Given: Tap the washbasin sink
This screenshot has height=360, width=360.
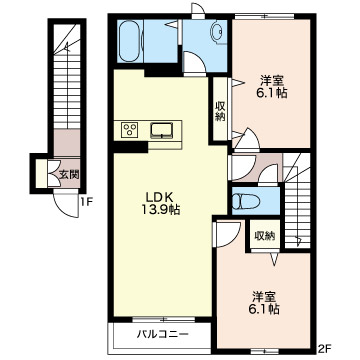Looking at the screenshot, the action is pyautogui.click(x=218, y=32).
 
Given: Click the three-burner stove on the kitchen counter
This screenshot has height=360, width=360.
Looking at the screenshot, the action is pyautogui.click(x=129, y=130).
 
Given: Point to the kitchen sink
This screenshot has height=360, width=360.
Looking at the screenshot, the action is pyautogui.click(x=162, y=130).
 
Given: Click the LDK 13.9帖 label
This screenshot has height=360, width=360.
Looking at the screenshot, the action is pyautogui.click(x=161, y=203).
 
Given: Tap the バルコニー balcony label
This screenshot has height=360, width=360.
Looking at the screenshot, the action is pyautogui.click(x=163, y=334).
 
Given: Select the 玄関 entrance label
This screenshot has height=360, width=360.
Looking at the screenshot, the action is pyautogui.click(x=69, y=174).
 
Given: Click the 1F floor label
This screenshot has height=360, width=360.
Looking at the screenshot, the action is pyautogui.click(x=86, y=201).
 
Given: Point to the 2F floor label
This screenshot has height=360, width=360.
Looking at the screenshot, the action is pyautogui.click(x=323, y=349).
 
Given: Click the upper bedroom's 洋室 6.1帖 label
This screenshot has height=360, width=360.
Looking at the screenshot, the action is pyautogui.click(x=272, y=87).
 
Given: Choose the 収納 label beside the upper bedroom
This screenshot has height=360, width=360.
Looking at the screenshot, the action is pyautogui.click(x=220, y=112).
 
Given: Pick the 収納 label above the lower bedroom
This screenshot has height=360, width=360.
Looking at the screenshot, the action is pyautogui.click(x=265, y=236).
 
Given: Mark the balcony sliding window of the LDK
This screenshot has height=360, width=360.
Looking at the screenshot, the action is pyautogui.click(x=164, y=319).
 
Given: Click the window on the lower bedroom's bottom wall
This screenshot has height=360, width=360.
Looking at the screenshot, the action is pyautogui.click(x=265, y=351).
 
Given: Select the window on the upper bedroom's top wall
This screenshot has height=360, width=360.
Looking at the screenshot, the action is pyautogui.click(x=264, y=16).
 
